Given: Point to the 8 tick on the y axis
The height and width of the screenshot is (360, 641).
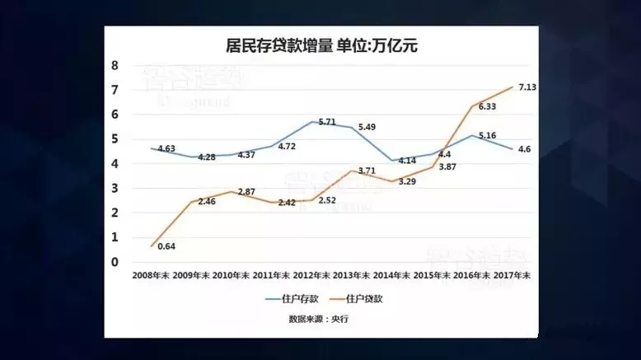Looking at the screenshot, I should pyautogui.click(x=115, y=65).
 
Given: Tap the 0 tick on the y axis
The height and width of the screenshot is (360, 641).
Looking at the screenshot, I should pyautogui.click(x=115, y=262).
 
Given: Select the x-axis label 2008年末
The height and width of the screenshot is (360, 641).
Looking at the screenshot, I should pyautogui.click(x=151, y=274).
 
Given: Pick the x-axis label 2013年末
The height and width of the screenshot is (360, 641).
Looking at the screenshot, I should pyautogui.click(x=350, y=274).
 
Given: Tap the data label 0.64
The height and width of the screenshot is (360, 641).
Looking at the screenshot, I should pyautogui.click(x=167, y=245).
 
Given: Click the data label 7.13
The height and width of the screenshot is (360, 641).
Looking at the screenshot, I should pyautogui.click(x=527, y=86).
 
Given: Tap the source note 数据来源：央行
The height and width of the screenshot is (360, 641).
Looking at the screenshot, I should pyautogui.click(x=320, y=317).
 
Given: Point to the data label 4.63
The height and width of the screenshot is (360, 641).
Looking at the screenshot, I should pyautogui.click(x=165, y=149).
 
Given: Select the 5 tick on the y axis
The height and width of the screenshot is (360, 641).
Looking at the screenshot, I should pyautogui.click(x=115, y=139).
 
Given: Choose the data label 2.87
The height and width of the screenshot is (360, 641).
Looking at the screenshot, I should pyautogui.click(x=246, y=191).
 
